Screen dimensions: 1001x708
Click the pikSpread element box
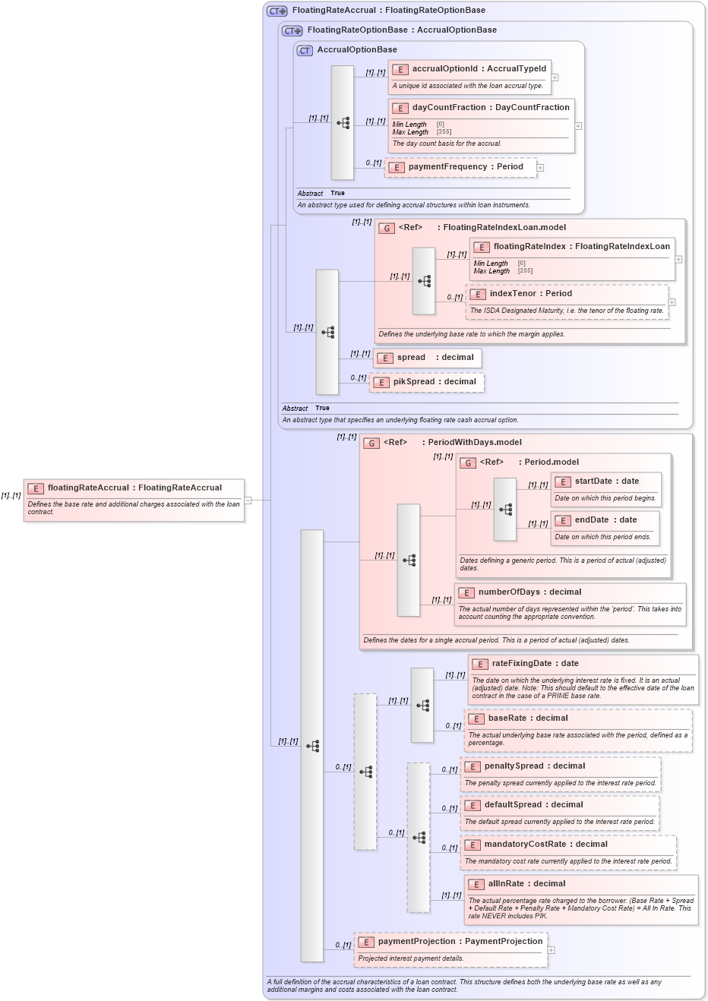click(427, 382)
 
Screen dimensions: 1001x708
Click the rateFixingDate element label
click(525, 664)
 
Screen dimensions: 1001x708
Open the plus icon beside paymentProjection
click(551, 950)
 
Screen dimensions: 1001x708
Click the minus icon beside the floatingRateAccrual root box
click(248, 501)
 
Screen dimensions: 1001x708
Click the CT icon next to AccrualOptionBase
click(305, 51)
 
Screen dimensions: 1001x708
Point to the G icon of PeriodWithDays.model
click(371, 443)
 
